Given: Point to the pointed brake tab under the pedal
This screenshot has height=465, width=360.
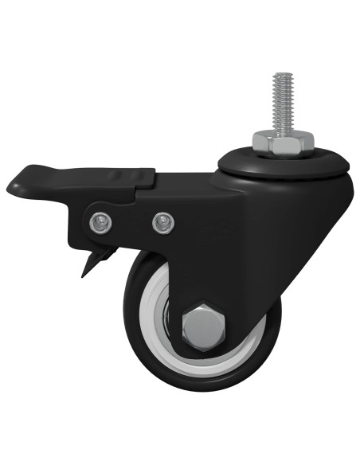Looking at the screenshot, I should (x=87, y=269).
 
